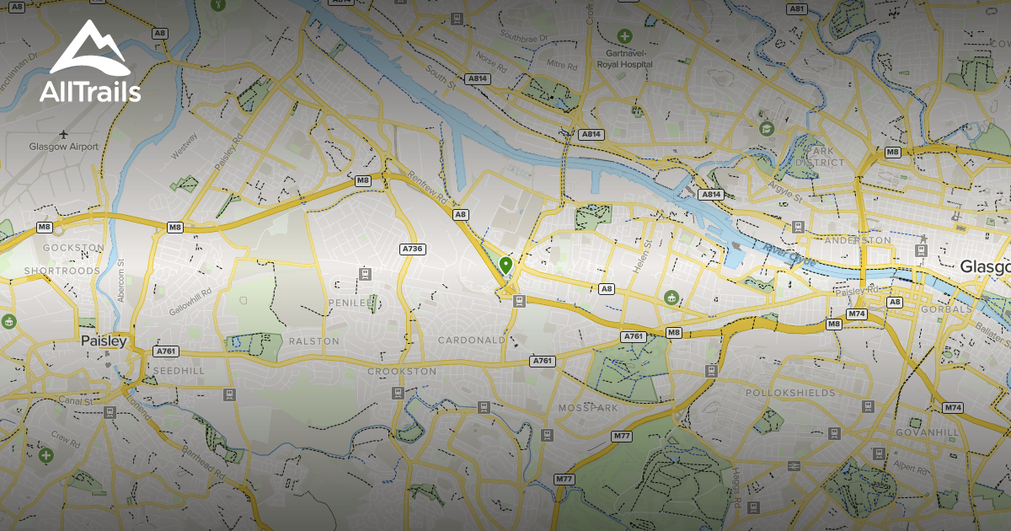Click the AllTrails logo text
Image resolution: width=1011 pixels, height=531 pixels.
coord(90,92)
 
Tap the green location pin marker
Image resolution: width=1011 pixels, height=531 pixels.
coord(505,265)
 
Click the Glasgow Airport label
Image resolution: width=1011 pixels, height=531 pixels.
coord(63,147)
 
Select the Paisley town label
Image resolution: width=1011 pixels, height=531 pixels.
coord(104,341)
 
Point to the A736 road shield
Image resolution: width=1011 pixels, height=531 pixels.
coord(412,249)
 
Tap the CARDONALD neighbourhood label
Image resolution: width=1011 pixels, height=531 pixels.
coord(471,340)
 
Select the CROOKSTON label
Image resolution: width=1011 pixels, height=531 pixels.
coord(402,371)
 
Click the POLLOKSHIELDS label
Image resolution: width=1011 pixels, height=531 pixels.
coord(790,393)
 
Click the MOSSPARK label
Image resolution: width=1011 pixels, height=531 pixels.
coord(588,408)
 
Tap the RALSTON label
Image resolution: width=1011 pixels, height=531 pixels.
coord(313,341)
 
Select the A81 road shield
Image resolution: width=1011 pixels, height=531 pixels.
coord(796,8)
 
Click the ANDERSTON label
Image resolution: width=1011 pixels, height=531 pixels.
coord(857,240)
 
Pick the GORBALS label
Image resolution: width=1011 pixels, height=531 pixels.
coord(945,309)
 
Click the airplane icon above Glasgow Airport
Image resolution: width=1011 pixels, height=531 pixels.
coord(64,133)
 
